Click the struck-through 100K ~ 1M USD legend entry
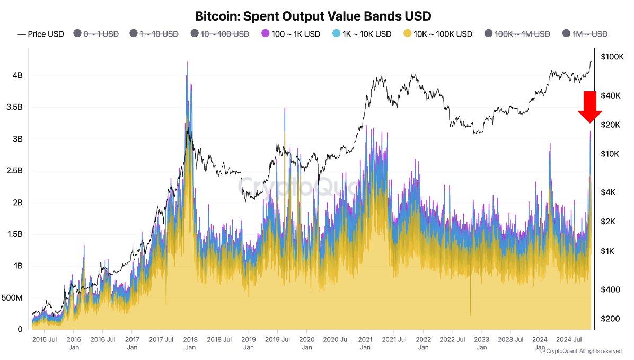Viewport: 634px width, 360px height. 516,34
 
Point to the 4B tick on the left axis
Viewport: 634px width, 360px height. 17,75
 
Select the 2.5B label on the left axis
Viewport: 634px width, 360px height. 14,171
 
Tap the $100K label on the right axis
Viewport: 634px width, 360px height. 612,57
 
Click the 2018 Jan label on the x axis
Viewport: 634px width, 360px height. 190,343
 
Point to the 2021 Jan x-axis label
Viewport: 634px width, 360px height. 365,343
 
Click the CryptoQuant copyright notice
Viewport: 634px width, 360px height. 581,351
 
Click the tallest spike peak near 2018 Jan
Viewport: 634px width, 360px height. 187,62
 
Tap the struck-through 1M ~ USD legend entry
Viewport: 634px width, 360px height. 585,34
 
